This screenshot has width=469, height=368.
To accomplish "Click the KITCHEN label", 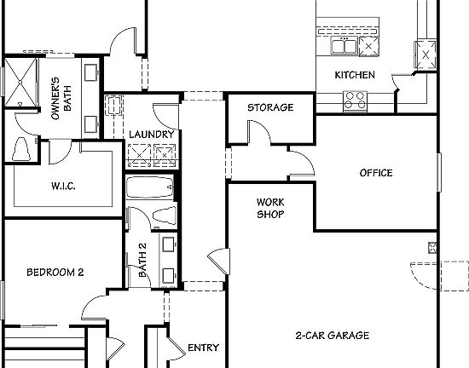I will [x=354, y=75].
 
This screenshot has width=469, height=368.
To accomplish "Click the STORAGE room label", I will [x=270, y=107].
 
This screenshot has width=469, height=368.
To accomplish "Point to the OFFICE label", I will [x=375, y=173].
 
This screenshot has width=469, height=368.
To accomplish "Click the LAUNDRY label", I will [x=153, y=135].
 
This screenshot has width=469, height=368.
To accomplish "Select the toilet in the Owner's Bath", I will [x=22, y=150].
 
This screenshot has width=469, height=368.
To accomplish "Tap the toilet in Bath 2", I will [x=162, y=216].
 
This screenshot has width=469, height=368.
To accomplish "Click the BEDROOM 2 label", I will [x=55, y=273].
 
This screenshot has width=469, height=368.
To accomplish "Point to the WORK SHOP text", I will [x=270, y=208].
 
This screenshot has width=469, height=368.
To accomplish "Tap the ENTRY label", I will [x=203, y=348].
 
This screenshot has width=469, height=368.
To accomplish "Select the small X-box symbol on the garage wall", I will [x=433, y=248].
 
